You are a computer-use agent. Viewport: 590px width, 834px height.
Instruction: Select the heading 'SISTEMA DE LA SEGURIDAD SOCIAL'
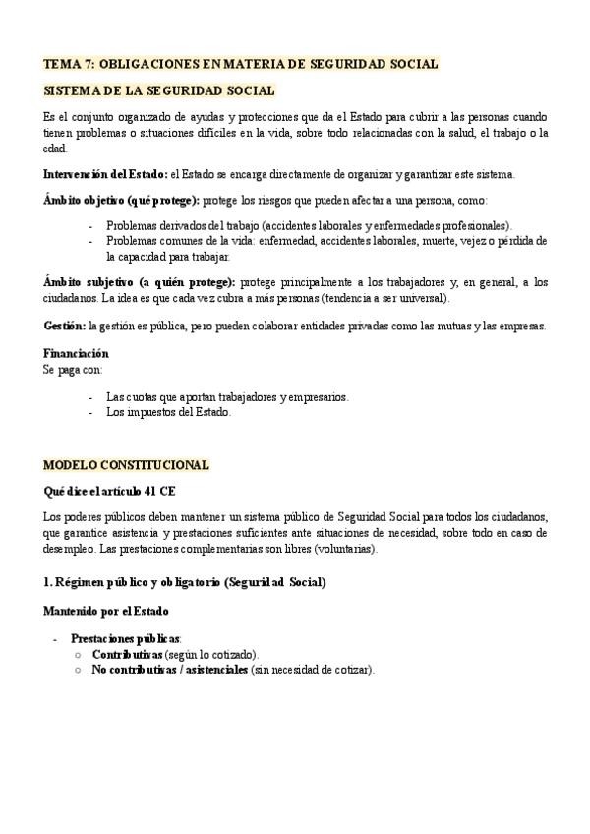pyautogui.click(x=158, y=91)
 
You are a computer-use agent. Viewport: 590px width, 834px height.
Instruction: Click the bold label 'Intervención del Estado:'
pyautogui.click(x=105, y=174)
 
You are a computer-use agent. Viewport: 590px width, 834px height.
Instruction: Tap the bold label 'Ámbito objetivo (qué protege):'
pyautogui.click(x=121, y=200)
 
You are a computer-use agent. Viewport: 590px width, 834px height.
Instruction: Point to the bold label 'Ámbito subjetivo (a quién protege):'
pyautogui.click(x=139, y=281)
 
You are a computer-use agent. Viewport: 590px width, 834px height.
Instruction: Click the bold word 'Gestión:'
pyautogui.click(x=65, y=326)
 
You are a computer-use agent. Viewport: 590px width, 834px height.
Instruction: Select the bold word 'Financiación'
pyautogui.click(x=76, y=353)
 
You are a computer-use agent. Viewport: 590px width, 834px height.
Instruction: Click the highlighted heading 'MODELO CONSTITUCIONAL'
pyautogui.click(x=126, y=465)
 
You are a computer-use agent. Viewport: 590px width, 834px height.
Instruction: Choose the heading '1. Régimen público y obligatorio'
pyautogui.click(x=184, y=582)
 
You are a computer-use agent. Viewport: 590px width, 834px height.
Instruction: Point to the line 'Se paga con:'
pyautogui.click(x=73, y=369)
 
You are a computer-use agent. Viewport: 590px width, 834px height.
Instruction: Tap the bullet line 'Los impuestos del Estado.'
pyautogui.click(x=168, y=412)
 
